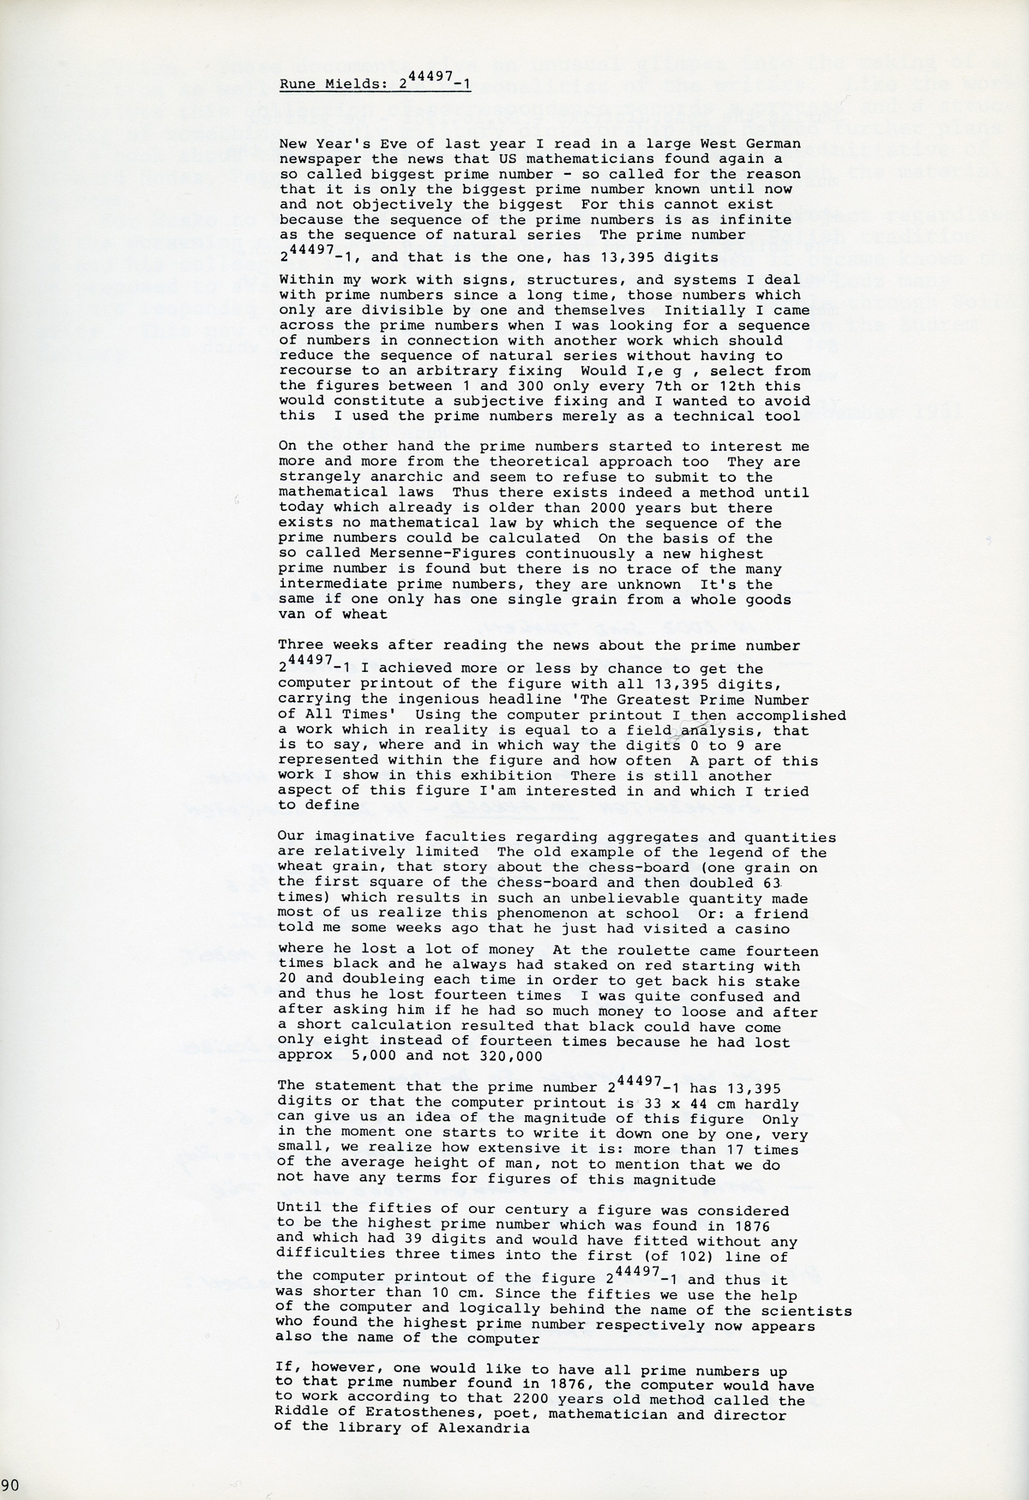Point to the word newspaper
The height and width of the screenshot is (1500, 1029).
coord(315,159)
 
